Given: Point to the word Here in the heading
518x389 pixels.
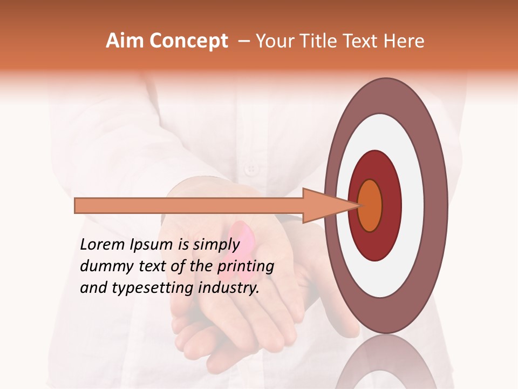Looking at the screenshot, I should click(x=405, y=41).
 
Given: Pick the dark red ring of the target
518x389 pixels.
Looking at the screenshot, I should click(x=391, y=205).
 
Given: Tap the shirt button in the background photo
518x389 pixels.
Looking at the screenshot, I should click(x=250, y=170).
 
